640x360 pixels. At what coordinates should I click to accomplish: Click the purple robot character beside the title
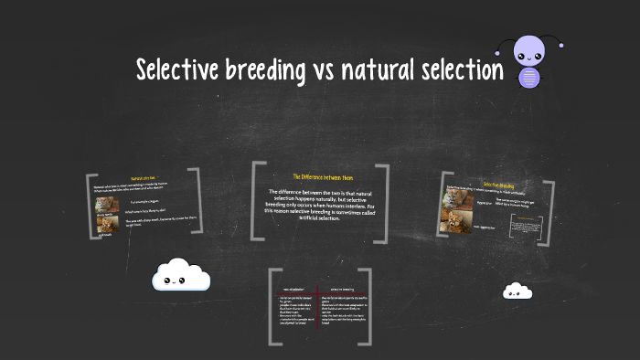(x=528, y=61)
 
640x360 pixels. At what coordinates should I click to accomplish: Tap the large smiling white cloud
(x=181, y=275)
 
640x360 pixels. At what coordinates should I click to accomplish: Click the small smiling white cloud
(x=517, y=291)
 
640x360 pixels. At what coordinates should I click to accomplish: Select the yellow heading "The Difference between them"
(x=322, y=176)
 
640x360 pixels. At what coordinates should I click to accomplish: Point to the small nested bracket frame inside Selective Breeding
(x=527, y=226)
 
